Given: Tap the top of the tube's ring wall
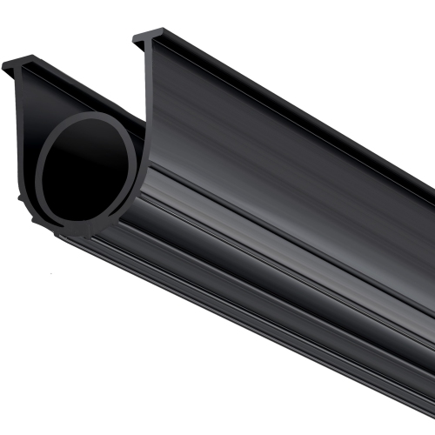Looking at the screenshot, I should click(x=91, y=116).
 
